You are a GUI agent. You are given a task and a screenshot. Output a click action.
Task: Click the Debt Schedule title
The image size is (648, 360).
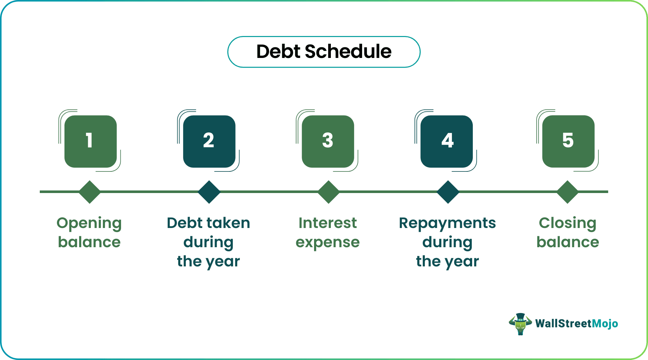(x=324, y=52)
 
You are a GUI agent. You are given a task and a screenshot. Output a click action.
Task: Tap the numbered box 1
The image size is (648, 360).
(x=91, y=141)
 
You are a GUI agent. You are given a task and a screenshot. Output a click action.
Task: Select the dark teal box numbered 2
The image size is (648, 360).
(x=209, y=141)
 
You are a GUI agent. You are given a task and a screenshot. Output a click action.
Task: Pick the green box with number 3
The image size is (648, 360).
(x=328, y=141)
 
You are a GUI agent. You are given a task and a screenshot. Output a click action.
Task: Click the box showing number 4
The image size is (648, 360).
(x=447, y=141)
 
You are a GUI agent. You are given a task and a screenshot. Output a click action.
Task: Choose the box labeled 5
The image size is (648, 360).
(x=568, y=141)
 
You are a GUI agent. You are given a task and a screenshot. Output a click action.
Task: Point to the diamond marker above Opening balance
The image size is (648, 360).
(x=89, y=192)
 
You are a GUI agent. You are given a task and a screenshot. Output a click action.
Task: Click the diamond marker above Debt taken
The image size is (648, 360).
(x=209, y=192)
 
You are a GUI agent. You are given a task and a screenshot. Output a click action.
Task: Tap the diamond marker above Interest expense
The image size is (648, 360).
(x=328, y=192)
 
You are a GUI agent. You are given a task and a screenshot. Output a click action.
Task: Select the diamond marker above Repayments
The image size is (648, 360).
(x=448, y=192)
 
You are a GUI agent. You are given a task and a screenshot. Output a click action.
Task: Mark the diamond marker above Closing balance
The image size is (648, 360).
(x=567, y=192)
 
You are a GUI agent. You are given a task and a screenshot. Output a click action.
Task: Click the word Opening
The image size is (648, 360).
(x=89, y=224)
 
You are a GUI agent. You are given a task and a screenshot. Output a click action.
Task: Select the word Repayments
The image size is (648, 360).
(x=447, y=224)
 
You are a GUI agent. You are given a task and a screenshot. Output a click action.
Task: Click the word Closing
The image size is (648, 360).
(x=567, y=224)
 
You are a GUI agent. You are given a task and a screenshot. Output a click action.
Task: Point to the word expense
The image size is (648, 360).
(x=327, y=243)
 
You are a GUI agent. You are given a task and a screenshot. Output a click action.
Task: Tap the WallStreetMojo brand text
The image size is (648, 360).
(x=576, y=324)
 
